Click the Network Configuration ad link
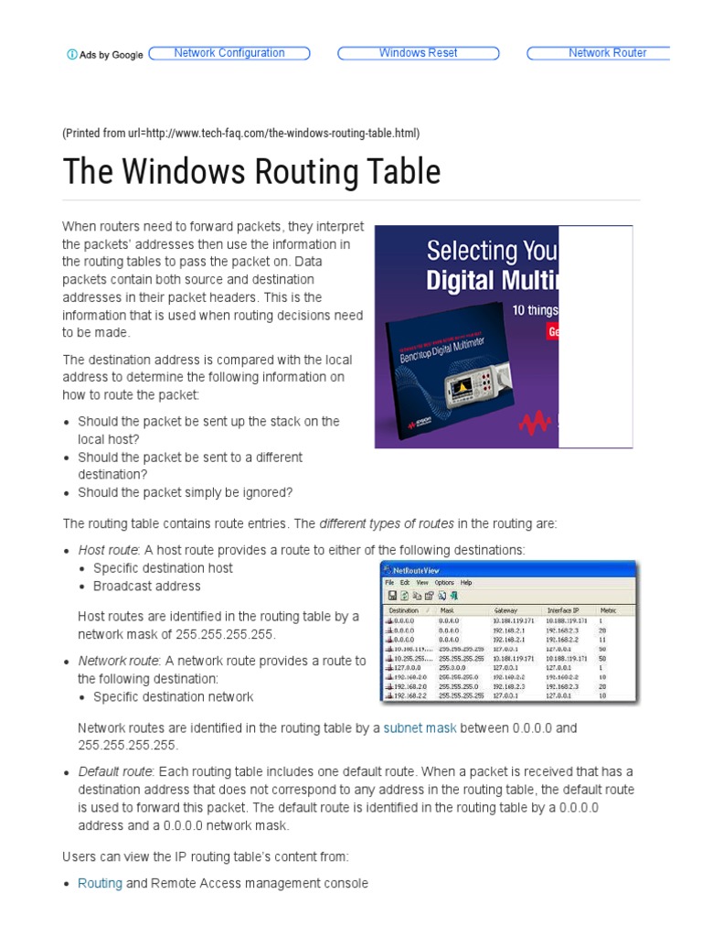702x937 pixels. [x=229, y=53]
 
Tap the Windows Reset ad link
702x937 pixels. [x=419, y=53]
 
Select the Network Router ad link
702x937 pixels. [x=607, y=53]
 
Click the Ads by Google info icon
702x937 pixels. [x=72, y=55]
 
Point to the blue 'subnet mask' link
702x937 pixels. [x=420, y=728]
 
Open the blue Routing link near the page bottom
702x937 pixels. [x=100, y=883]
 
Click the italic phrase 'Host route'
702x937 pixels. [x=108, y=550]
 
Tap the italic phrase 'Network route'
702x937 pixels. [x=118, y=661]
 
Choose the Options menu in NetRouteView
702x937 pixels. [x=444, y=583]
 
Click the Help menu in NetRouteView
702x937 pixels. [x=466, y=583]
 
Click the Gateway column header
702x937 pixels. [x=505, y=609]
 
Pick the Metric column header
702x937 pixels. [x=608, y=609]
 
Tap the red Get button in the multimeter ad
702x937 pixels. [x=552, y=331]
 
